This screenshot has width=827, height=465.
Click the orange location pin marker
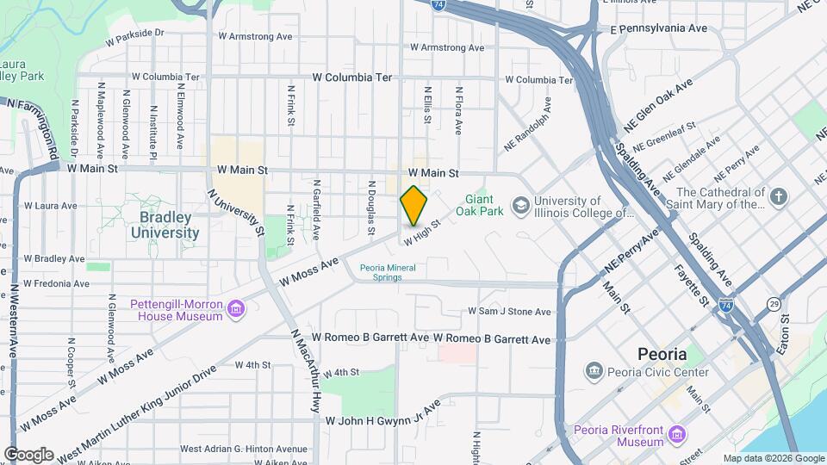click(x=413, y=205)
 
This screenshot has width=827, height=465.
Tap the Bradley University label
click(x=165, y=226)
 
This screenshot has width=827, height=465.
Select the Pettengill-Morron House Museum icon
click(x=235, y=309)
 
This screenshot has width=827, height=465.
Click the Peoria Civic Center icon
click(x=594, y=372)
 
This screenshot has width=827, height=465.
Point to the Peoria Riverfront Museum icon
click(x=678, y=434)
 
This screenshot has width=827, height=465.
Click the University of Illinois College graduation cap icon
click(x=520, y=206)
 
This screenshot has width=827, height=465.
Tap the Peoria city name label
click(x=662, y=354)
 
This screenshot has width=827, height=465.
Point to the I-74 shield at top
click(x=439, y=5)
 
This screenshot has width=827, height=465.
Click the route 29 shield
click(x=775, y=305)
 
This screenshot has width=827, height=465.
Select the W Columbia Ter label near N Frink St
click(x=352, y=77)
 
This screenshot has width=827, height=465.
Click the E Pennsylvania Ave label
click(x=658, y=28)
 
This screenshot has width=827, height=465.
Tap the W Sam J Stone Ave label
click(x=509, y=311)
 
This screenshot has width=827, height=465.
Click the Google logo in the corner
click(x=28, y=455)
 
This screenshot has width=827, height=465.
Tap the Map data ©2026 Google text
click(x=773, y=458)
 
